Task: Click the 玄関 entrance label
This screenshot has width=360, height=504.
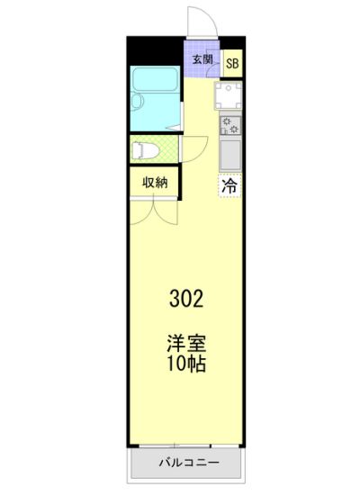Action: pyautogui.click(x=202, y=59)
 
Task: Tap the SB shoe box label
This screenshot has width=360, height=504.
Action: pyautogui.click(x=232, y=63)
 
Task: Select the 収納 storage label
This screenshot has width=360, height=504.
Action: pyautogui.click(x=155, y=183)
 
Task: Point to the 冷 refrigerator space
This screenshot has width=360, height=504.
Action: pyautogui.click(x=230, y=185)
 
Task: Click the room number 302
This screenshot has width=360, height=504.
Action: pyautogui.click(x=186, y=299)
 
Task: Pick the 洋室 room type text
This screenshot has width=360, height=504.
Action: pyautogui.click(x=186, y=343)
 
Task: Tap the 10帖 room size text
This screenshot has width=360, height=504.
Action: pyautogui.click(x=186, y=364)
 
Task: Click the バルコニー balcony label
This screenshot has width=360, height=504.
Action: pyautogui.click(x=189, y=463)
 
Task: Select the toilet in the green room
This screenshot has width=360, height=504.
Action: pyautogui.click(x=145, y=150)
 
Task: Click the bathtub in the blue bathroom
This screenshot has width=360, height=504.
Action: pyautogui.click(x=155, y=79)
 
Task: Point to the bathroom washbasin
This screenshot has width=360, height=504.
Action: pyautogui.click(x=137, y=102)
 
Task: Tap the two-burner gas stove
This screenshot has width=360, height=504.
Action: pyautogui.click(x=230, y=125)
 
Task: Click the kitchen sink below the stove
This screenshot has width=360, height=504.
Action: pyautogui.click(x=230, y=155)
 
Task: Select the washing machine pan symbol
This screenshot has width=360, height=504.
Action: pyautogui.click(x=229, y=95)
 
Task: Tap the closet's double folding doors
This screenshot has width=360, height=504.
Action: pyautogui.click(x=154, y=212)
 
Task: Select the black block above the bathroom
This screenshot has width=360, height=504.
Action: pyautogui.click(x=155, y=51)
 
